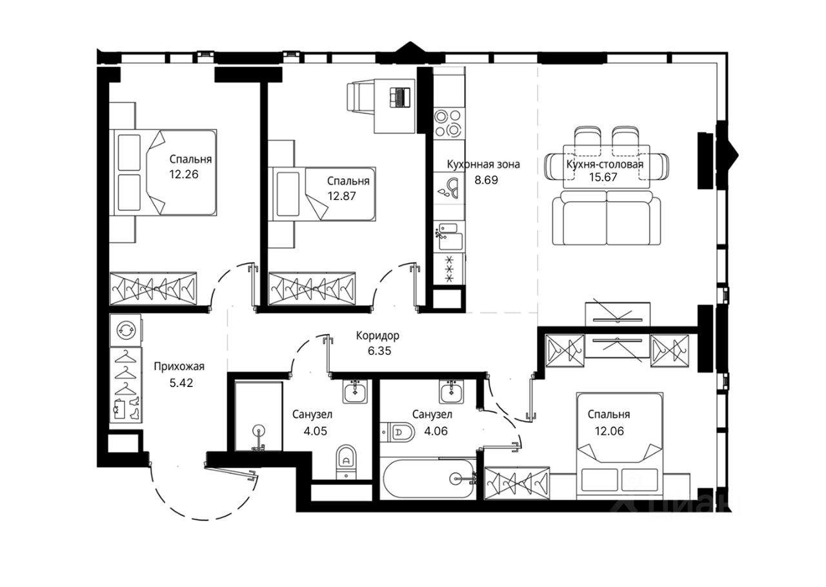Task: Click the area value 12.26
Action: pyautogui.click(x=184, y=174)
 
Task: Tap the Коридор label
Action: pyautogui.click(x=378, y=335)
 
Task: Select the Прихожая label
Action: pyautogui.click(x=179, y=366)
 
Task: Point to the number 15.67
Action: pyautogui.click(x=603, y=177)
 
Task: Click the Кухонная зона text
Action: pyautogui.click(x=483, y=164)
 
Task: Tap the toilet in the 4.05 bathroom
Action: pyautogui.click(x=347, y=462)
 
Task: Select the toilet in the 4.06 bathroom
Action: pyautogui.click(x=398, y=432)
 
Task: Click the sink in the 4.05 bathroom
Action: pyautogui.click(x=355, y=392)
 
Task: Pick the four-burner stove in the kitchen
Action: pyautogui.click(x=447, y=123)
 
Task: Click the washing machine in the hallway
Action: pyautogui.click(x=125, y=330)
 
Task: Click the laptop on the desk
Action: pyautogui.click(x=400, y=97)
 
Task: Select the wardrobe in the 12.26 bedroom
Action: pyautogui.click(x=153, y=289)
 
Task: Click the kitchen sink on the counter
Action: pyautogui.click(x=448, y=237)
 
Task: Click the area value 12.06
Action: pyautogui.click(x=609, y=431)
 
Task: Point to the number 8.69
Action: pyautogui.click(x=486, y=180)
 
